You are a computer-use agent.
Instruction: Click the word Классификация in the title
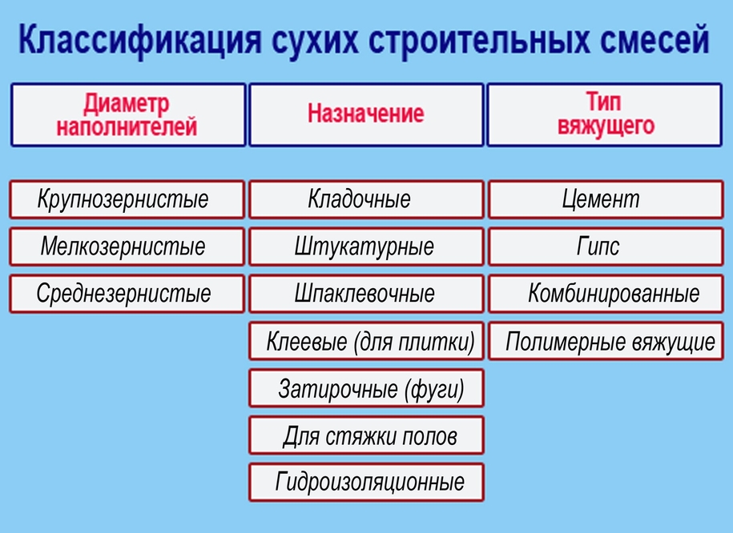tap(139, 40)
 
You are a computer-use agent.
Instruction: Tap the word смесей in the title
tap(655, 40)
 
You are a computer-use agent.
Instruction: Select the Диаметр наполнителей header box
tap(128, 115)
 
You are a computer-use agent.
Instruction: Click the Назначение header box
tap(366, 115)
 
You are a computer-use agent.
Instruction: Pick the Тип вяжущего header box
tap(605, 115)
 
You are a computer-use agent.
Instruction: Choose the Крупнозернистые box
tap(127, 199)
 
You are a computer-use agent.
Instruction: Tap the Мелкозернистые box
tap(127, 246)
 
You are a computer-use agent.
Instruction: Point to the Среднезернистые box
tap(127, 294)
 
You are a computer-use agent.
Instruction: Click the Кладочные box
tap(367, 199)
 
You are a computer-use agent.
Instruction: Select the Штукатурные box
tap(367, 246)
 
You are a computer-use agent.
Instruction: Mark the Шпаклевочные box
tap(367, 294)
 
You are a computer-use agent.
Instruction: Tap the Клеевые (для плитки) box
tap(367, 341)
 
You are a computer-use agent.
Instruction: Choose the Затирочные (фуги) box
tap(367, 388)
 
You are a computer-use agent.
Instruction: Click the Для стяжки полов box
tap(367, 435)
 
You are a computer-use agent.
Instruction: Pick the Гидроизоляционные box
tap(367, 483)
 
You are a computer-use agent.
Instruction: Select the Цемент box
tap(606, 199)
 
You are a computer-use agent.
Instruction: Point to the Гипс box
tap(606, 246)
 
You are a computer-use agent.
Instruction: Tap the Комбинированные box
tap(606, 294)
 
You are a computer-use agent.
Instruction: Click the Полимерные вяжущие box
tap(606, 341)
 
